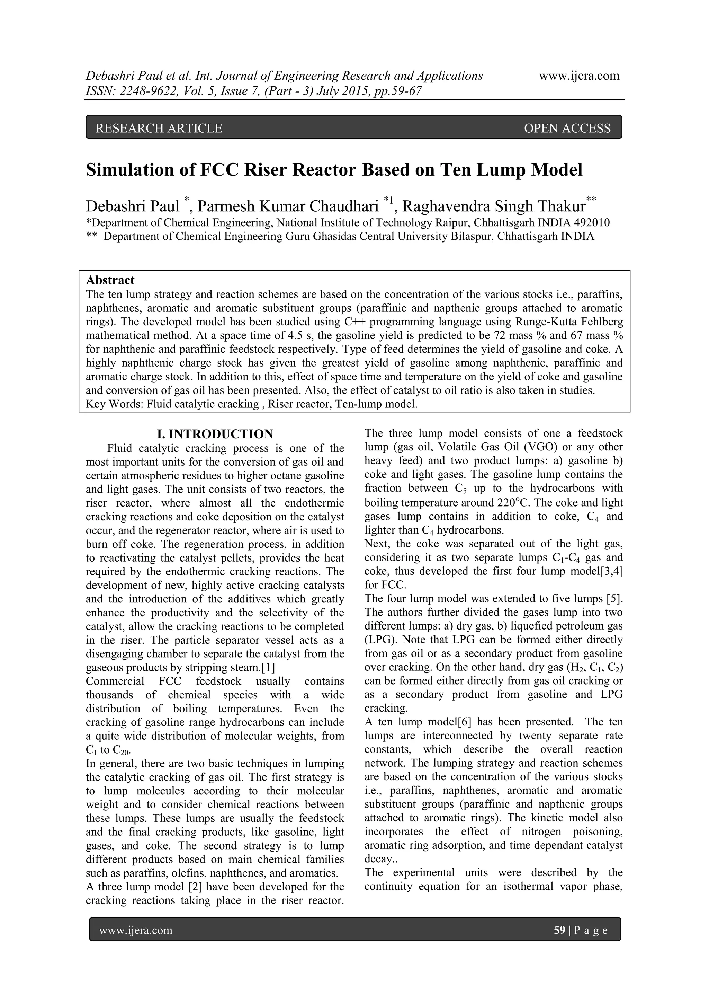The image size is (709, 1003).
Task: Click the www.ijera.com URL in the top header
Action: click(579, 76)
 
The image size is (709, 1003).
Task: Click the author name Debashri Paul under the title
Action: click(132, 206)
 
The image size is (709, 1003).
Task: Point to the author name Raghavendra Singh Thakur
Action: click(494, 206)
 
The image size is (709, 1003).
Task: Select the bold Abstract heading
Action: click(110, 280)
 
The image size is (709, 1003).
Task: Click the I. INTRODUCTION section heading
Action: click(215, 434)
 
